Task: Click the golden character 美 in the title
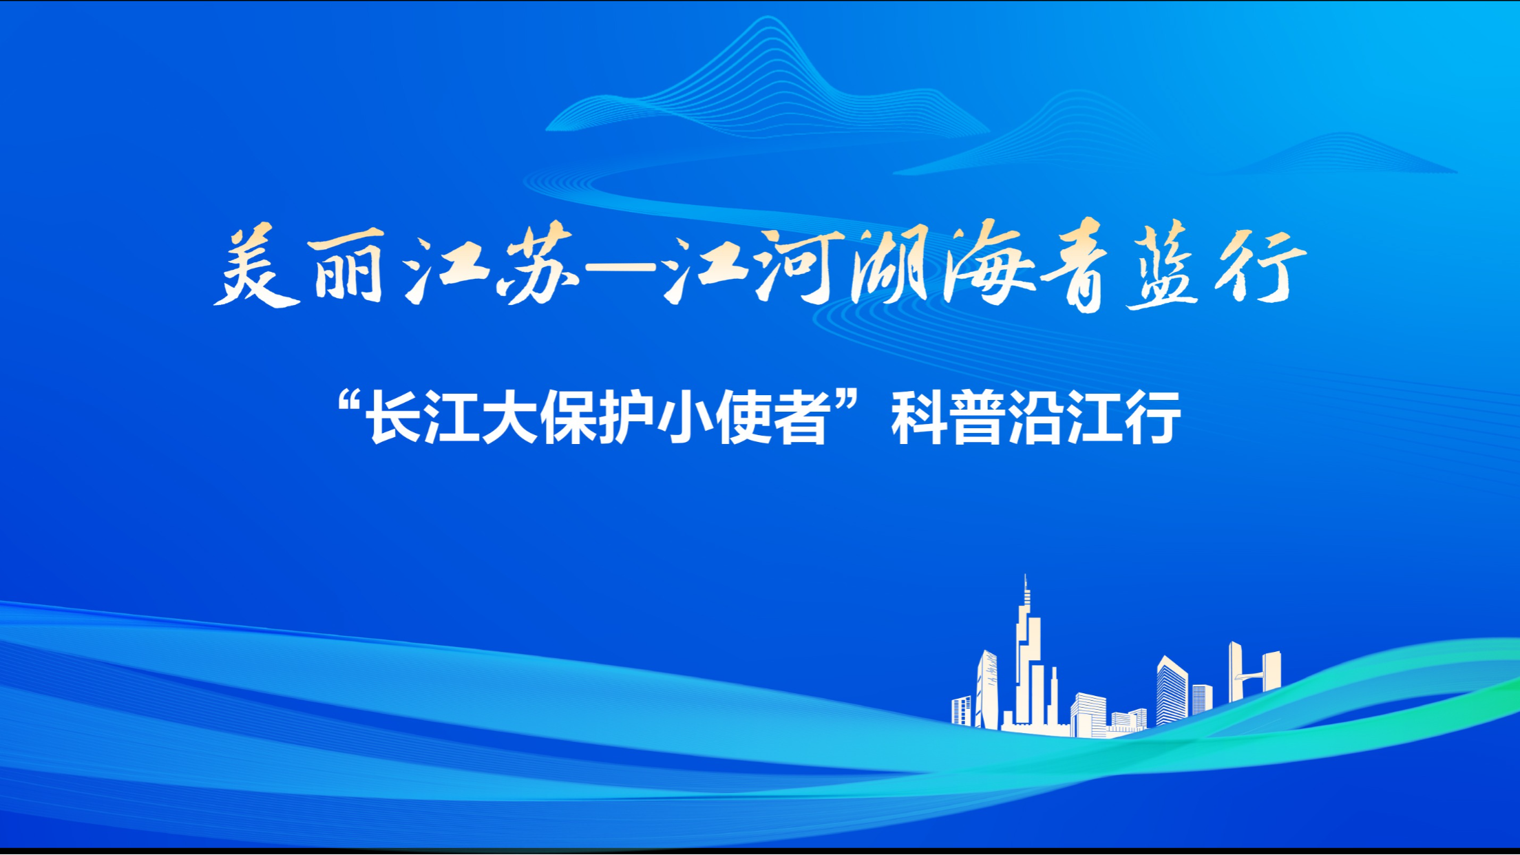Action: click(x=257, y=268)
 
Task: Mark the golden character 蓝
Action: click(x=1163, y=266)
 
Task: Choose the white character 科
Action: click(x=919, y=418)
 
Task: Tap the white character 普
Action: click(x=978, y=418)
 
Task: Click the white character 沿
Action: click(x=1036, y=418)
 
